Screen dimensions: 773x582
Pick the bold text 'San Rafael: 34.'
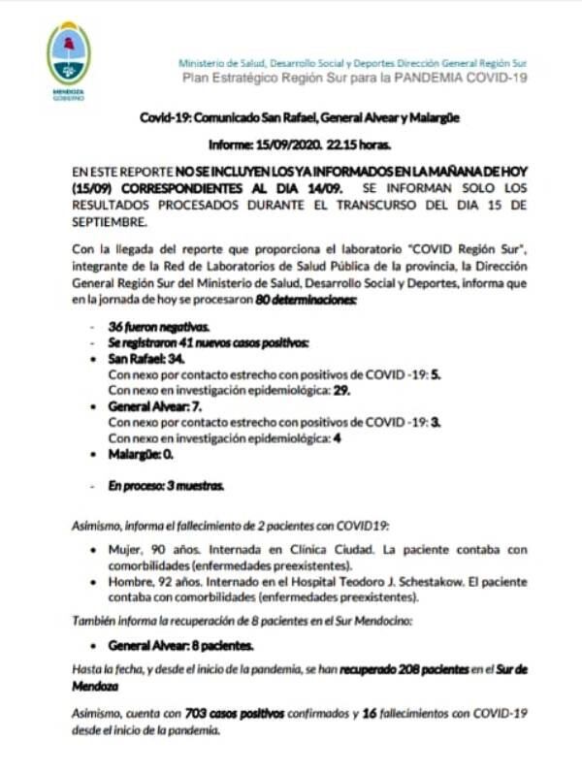[x=146, y=359]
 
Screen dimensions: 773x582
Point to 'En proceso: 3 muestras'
[x=166, y=484]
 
